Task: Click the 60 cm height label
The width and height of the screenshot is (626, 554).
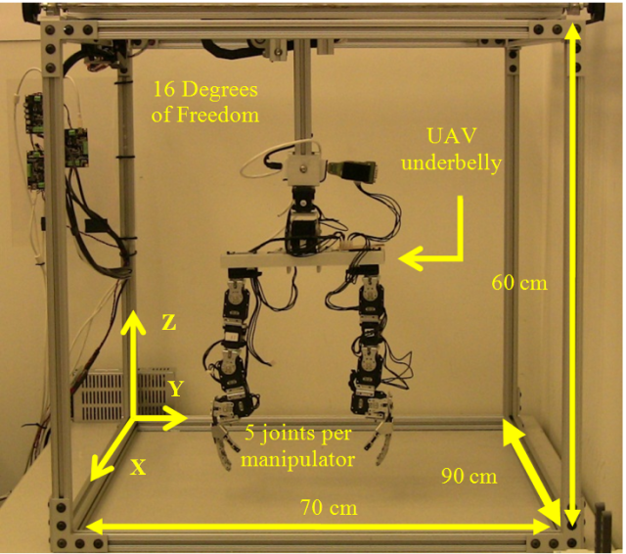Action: (517, 283)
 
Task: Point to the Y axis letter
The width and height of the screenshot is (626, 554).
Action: (175, 390)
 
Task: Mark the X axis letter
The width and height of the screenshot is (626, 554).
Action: (139, 468)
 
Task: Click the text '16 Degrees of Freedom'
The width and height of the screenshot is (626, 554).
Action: (205, 102)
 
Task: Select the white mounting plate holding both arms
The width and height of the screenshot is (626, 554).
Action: (303, 260)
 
